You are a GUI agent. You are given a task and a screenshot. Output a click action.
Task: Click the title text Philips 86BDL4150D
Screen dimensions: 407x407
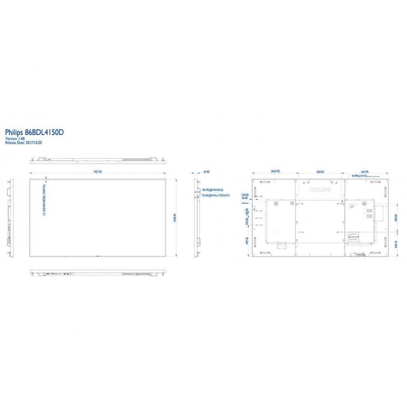[x=34, y=132]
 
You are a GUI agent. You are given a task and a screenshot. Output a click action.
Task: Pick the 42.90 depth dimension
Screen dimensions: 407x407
[x=206, y=172]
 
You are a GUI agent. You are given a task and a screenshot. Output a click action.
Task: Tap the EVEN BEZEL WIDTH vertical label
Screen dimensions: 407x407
[x=45, y=201]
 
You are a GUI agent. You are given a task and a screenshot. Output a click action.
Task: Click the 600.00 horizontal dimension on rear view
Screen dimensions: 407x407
[x=320, y=172]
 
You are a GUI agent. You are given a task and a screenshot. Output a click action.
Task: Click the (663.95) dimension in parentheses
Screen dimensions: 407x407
[x=276, y=172]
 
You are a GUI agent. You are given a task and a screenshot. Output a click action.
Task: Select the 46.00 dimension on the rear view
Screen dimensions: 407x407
[x=245, y=198]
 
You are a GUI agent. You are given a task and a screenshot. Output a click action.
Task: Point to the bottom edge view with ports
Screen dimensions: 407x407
[x=97, y=273]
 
